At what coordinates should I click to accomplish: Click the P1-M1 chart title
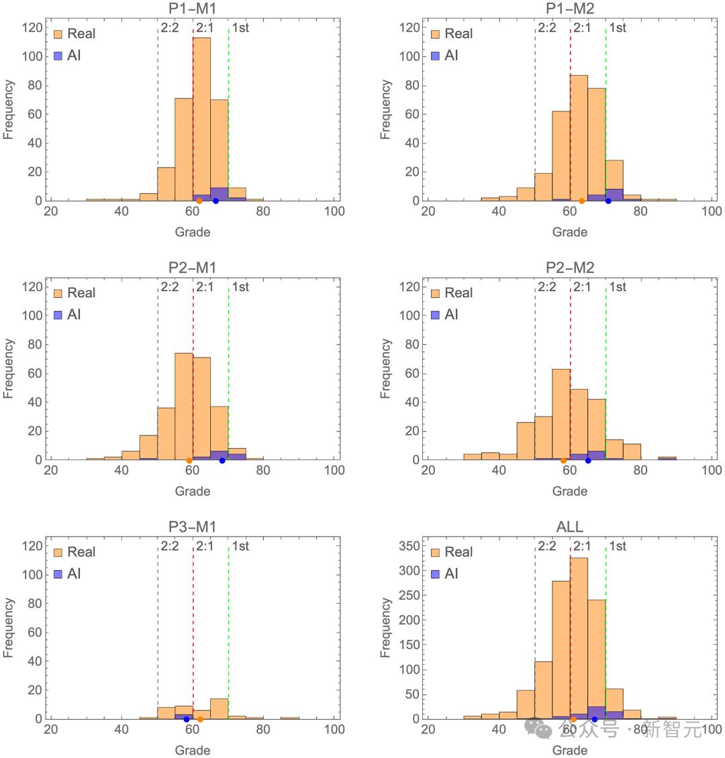pyautogui.click(x=192, y=9)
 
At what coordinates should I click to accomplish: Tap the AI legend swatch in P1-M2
pyautogui.click(x=436, y=56)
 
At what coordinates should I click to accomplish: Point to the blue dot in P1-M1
pyautogui.click(x=215, y=201)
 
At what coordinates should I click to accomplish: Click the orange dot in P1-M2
pyautogui.click(x=581, y=201)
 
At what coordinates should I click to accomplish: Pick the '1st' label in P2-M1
pyautogui.click(x=240, y=287)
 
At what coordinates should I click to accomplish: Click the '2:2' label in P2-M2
pyautogui.click(x=547, y=287)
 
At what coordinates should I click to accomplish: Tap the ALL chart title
pyautogui.click(x=569, y=527)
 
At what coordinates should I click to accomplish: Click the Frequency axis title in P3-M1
pyautogui.click(x=9, y=628)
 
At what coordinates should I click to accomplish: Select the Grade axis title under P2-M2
pyautogui.click(x=569, y=492)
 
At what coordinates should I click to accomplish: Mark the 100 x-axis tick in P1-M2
pyautogui.click(x=711, y=211)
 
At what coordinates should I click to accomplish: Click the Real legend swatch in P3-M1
pyautogui.click(x=58, y=552)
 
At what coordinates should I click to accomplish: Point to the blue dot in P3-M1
pyautogui.click(x=187, y=719)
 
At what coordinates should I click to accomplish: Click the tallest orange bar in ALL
pyautogui.click(x=579, y=637)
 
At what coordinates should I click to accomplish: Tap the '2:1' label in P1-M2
pyautogui.click(x=582, y=28)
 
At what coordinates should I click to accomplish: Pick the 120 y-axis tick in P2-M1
pyautogui.click(x=33, y=287)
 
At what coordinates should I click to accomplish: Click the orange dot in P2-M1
pyautogui.click(x=189, y=460)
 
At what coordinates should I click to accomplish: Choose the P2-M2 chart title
pyautogui.click(x=569, y=268)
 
